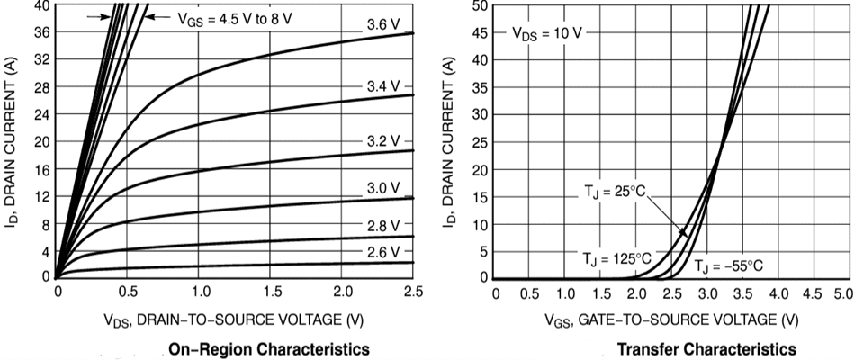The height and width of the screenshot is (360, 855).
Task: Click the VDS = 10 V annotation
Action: point(547,33)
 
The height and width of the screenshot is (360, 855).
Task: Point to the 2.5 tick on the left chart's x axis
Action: point(413,293)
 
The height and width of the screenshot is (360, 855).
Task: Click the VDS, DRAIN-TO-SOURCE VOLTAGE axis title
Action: point(234,319)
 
